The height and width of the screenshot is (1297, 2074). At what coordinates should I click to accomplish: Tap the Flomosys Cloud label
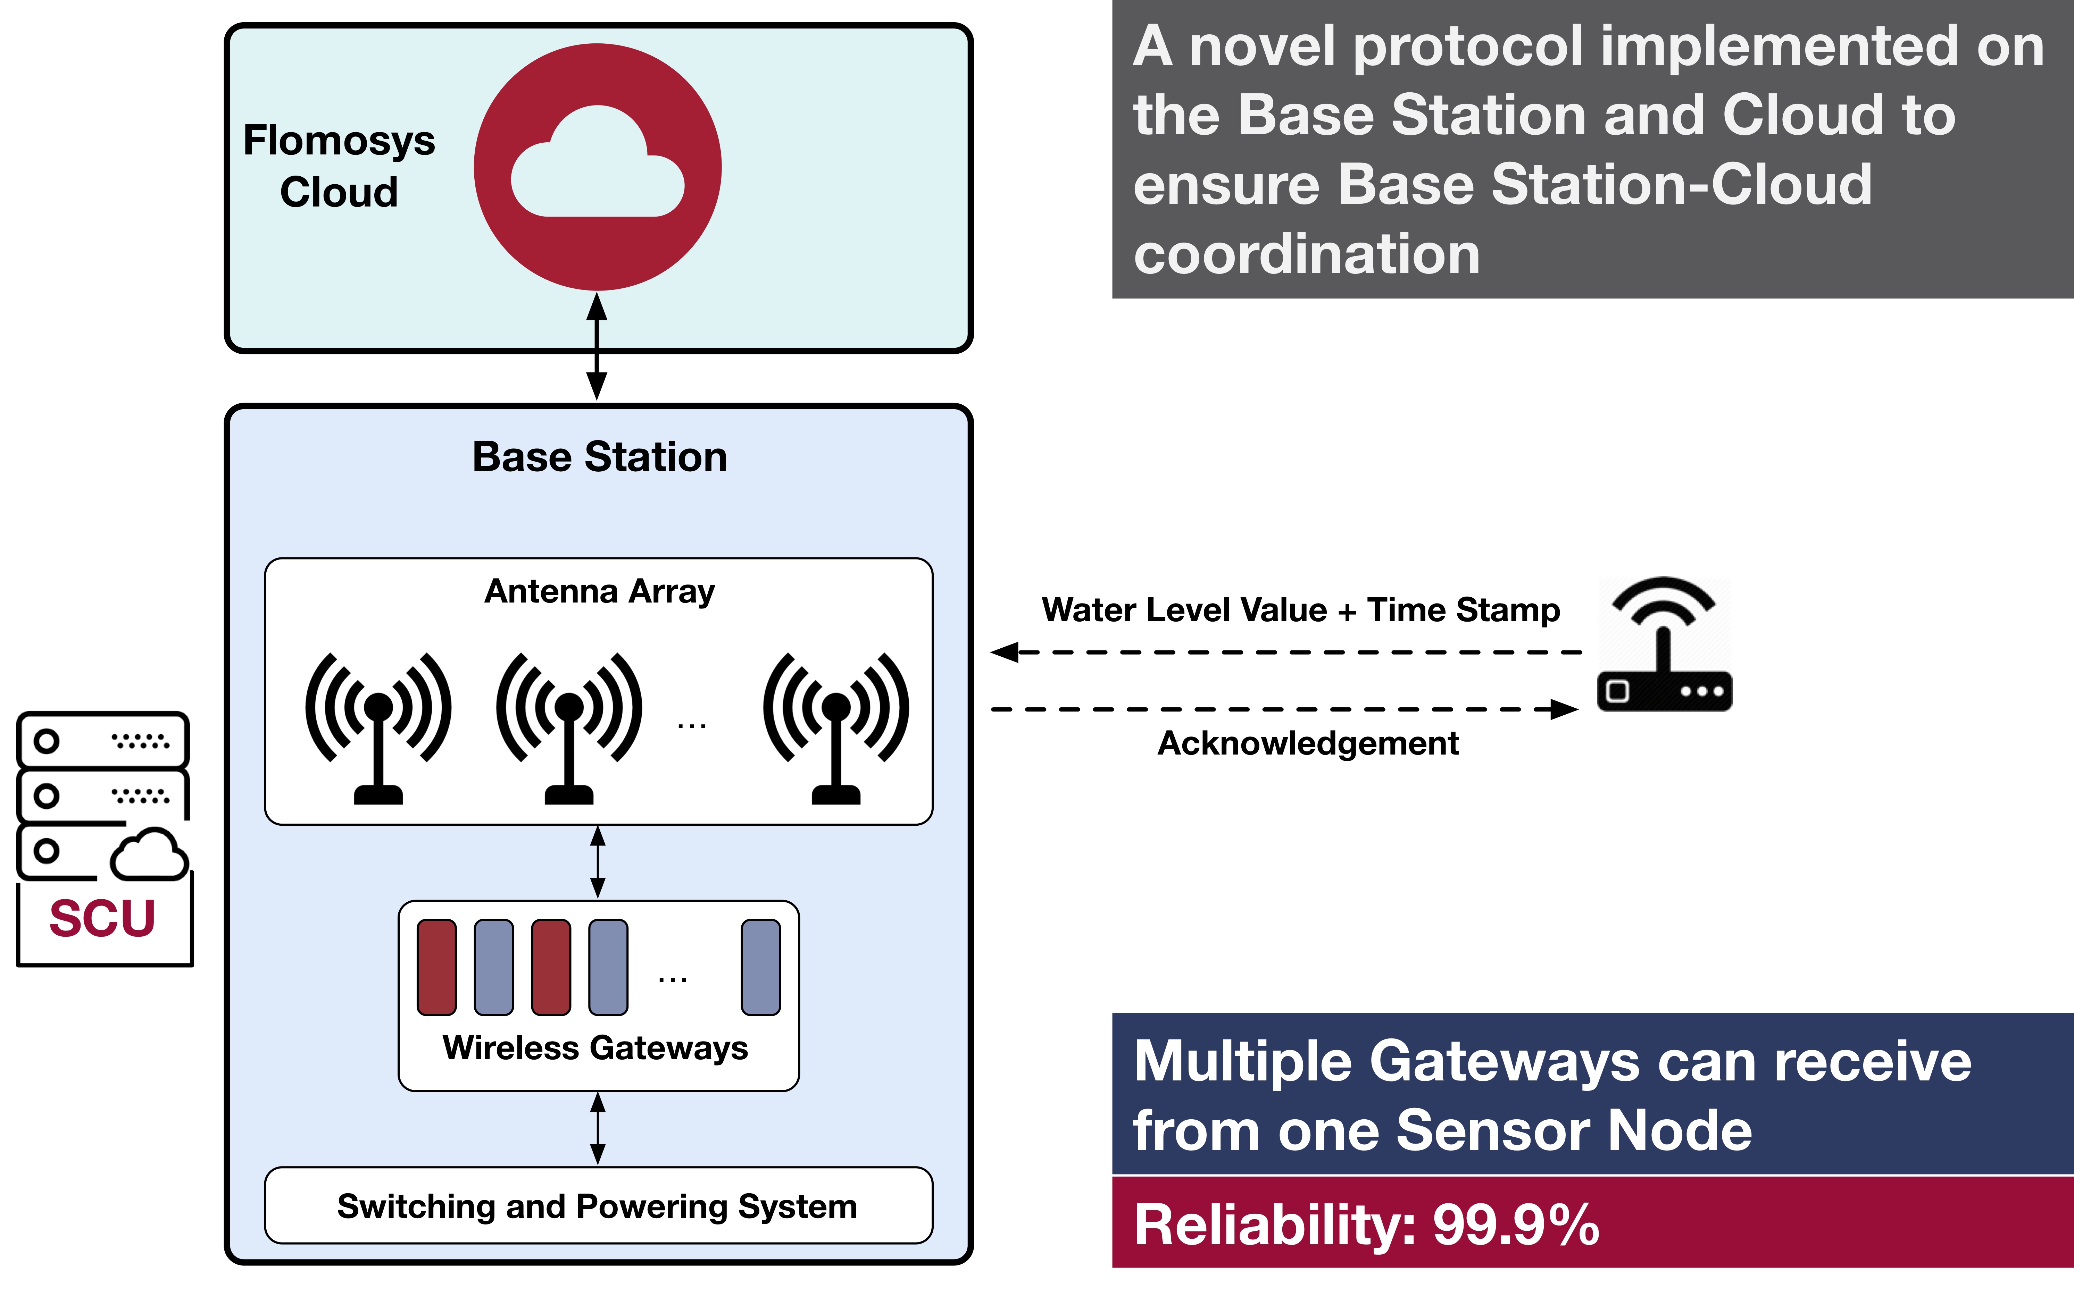tap(339, 166)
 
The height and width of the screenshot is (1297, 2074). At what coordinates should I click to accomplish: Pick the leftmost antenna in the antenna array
tap(378, 727)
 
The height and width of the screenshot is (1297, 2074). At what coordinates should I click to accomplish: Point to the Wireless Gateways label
tap(595, 1048)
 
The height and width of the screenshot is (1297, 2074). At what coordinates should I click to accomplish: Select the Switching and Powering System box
tap(598, 1205)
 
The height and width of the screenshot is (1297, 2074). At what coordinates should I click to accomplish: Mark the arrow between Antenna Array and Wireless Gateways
tap(598, 862)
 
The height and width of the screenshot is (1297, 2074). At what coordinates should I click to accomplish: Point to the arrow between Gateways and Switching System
tap(598, 1128)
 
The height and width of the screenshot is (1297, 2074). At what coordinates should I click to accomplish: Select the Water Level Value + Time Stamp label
tap(1301, 610)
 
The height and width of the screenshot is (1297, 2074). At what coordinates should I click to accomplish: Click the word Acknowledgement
tap(1309, 743)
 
